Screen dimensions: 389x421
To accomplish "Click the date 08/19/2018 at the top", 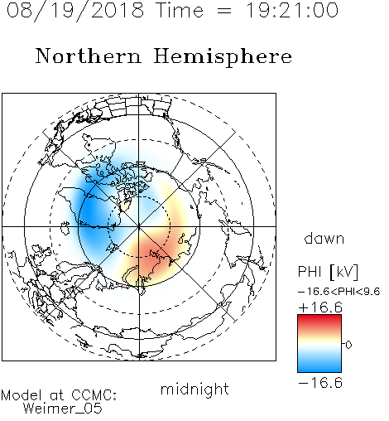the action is [x=75, y=11].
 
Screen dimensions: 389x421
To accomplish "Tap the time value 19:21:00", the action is [x=292, y=11].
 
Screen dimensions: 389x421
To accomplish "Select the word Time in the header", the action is [x=180, y=11].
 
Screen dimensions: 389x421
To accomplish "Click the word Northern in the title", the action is [x=89, y=56].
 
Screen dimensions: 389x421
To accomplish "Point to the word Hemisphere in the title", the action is [x=223, y=57].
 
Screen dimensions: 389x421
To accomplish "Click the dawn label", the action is [x=324, y=238].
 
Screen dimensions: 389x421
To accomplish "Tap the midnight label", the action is [x=194, y=390].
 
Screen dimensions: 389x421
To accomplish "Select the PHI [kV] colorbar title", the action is [x=328, y=272].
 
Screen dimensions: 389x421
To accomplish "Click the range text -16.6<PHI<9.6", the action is [x=339, y=292].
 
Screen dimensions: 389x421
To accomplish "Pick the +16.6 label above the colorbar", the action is [x=320, y=307].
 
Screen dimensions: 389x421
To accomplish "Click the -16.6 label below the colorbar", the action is [x=320, y=383].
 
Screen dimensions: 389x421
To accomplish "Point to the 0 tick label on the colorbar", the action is [x=348, y=345].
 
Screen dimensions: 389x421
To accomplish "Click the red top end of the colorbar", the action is [x=319, y=317].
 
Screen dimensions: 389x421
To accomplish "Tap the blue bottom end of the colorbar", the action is [x=319, y=370].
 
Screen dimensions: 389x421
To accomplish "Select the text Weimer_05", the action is [x=63, y=409].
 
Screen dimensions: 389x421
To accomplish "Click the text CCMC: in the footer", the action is [x=94, y=395].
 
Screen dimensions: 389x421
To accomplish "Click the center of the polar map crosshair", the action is [x=139, y=227].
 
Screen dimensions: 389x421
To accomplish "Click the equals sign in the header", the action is [x=224, y=11].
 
